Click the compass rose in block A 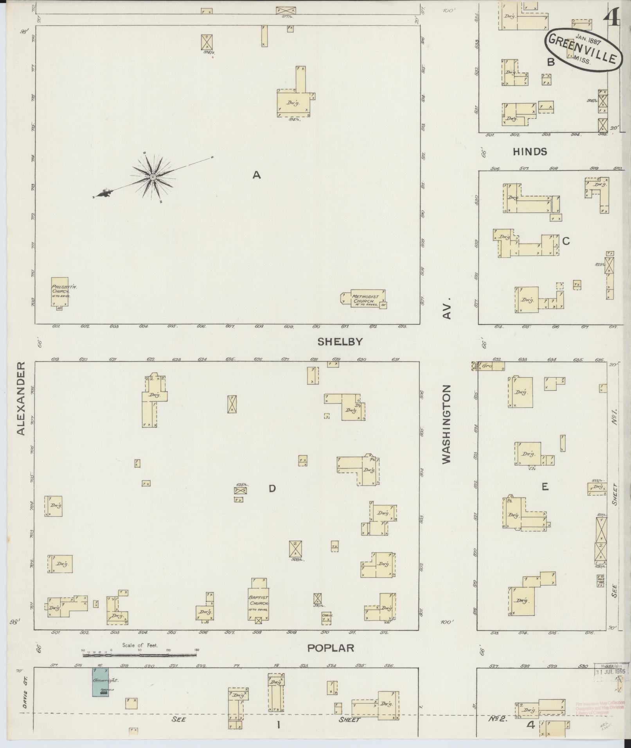153,178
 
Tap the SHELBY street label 340,342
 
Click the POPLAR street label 331,648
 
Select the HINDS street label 530,152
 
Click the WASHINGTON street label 446,424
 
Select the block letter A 256,175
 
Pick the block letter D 272,488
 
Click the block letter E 545,486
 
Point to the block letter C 566,241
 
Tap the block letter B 551,62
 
